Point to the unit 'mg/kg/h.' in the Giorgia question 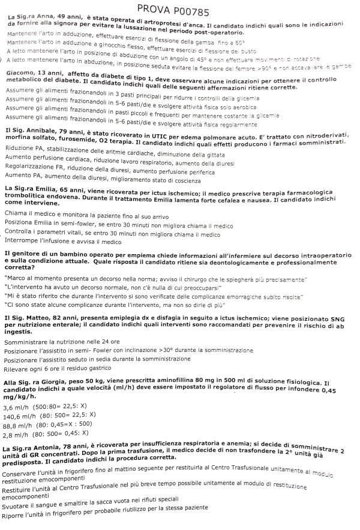(22, 396)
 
